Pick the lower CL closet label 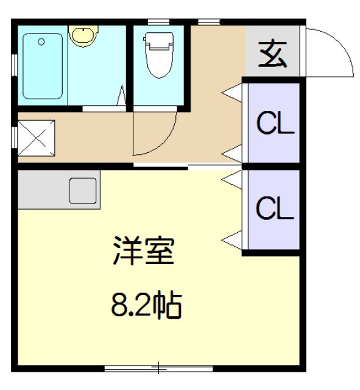click(x=275, y=208)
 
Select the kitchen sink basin click(x=83, y=191)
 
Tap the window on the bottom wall click(x=158, y=368)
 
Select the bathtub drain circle click(x=41, y=42)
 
